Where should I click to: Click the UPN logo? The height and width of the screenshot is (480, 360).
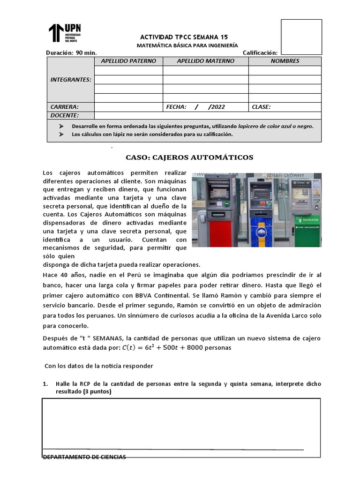point(65,32)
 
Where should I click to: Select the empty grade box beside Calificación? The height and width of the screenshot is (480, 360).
point(301,37)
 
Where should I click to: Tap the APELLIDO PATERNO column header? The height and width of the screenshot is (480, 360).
point(128,61)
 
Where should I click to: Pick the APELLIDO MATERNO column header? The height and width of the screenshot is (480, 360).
point(205,61)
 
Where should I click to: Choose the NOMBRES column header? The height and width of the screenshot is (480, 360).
point(285,61)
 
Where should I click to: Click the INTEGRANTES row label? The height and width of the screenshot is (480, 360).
point(70,80)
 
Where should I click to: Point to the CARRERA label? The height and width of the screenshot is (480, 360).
point(65,107)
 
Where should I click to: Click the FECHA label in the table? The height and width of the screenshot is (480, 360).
point(176,107)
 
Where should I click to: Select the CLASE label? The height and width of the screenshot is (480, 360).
point(261,107)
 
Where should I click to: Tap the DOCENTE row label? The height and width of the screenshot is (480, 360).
point(65,115)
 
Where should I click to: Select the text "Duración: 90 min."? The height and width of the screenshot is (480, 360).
point(71,53)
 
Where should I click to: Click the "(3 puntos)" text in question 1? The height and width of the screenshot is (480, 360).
point(97,392)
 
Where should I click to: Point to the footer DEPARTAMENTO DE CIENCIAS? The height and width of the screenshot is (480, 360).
point(84,457)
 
